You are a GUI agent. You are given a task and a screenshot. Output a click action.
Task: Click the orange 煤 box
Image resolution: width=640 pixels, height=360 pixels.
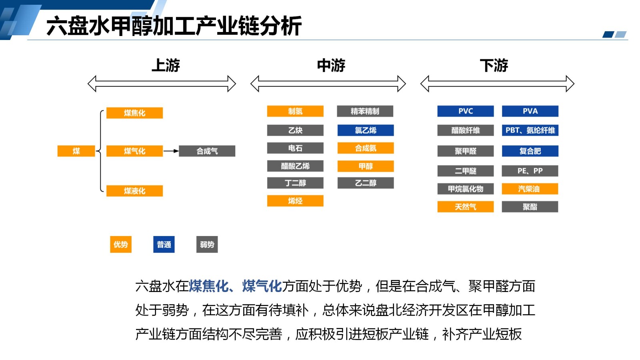(x=76, y=151)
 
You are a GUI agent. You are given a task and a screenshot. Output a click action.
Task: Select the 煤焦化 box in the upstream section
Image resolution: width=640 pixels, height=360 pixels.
(x=134, y=113)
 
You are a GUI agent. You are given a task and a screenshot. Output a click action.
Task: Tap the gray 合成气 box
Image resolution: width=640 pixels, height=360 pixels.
(x=207, y=151)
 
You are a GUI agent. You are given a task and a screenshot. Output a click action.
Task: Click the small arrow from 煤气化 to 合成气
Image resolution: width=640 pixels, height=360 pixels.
(x=171, y=151)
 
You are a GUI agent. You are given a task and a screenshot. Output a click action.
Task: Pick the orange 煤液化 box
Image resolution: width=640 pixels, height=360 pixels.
(x=134, y=191)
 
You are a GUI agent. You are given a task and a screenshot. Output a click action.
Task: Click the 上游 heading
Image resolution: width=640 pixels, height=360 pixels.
(x=166, y=65)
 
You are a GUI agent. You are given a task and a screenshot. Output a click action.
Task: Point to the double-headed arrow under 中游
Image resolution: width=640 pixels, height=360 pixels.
(x=328, y=84)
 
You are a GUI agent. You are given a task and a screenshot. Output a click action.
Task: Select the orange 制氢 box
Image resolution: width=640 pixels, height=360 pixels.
(x=295, y=111)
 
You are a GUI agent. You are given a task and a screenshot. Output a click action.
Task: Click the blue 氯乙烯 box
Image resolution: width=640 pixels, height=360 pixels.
(x=365, y=130)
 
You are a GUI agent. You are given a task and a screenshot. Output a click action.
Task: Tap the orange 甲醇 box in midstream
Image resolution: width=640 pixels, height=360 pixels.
(x=365, y=166)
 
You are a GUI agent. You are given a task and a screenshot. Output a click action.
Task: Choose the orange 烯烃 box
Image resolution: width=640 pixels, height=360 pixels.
(x=295, y=201)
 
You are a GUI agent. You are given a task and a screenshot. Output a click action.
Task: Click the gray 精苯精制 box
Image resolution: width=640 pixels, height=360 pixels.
(x=365, y=111)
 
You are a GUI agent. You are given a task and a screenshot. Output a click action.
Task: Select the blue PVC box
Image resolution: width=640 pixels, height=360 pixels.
(x=465, y=111)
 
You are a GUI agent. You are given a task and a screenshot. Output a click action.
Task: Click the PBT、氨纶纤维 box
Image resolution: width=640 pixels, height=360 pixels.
(x=530, y=130)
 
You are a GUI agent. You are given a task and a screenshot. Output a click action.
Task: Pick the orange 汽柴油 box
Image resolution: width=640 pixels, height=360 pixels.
(x=530, y=189)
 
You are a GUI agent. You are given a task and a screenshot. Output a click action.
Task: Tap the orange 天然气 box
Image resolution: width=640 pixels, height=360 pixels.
(x=465, y=207)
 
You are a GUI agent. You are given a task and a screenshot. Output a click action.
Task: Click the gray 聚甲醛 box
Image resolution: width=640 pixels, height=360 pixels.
(x=465, y=151)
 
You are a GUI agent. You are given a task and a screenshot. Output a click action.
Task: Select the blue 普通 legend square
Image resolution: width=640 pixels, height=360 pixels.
(x=164, y=244)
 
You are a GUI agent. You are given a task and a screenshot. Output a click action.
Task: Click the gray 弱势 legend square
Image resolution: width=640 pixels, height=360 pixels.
(x=207, y=244)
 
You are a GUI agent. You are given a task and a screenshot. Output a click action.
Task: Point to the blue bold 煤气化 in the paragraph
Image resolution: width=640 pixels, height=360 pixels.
(x=262, y=286)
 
